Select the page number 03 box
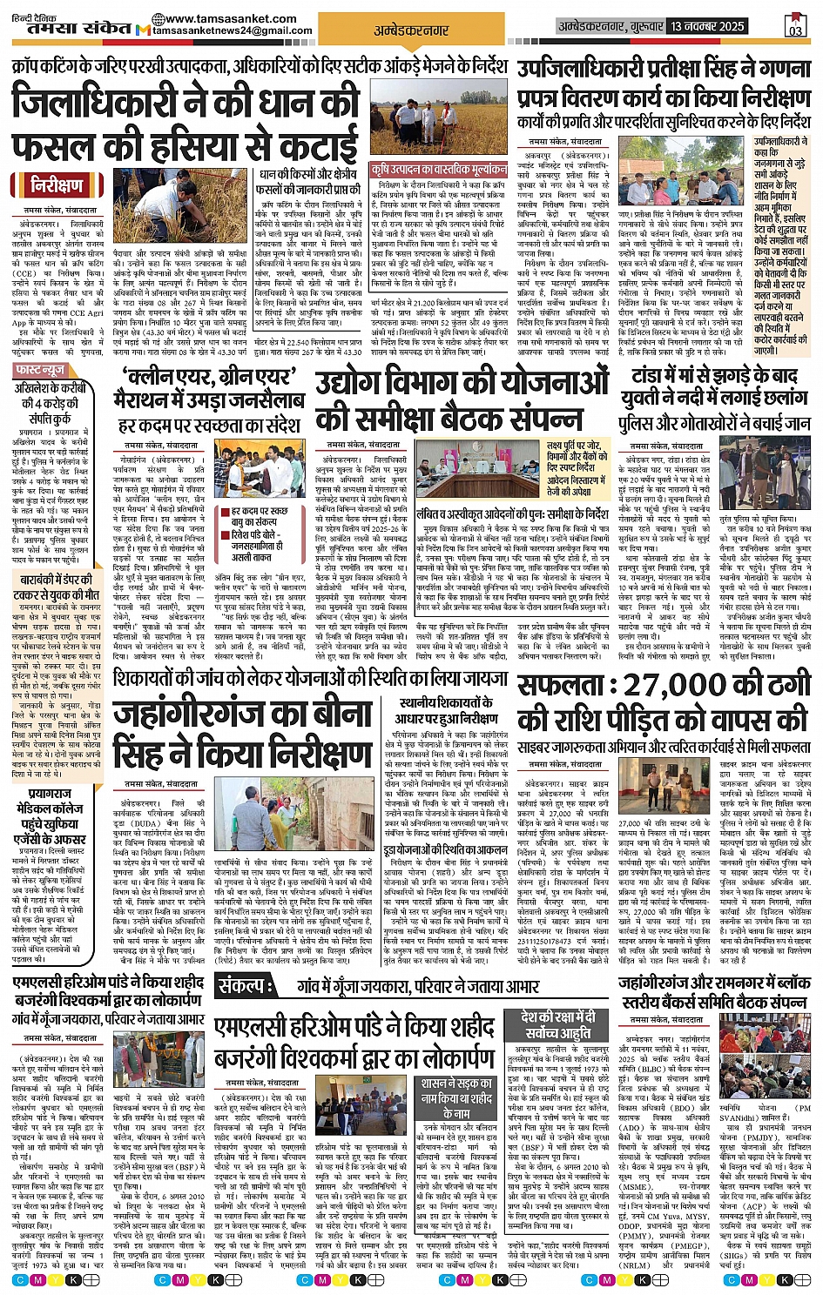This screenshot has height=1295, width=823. coord(795,25)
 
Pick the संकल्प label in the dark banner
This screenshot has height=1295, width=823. coord(251,986)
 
